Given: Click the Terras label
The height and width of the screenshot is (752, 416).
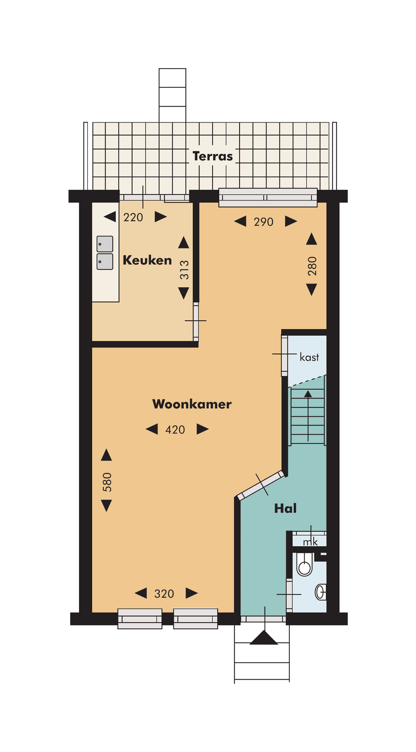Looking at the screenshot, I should pyautogui.click(x=213, y=156).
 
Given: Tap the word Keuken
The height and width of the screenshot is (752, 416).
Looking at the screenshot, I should pyautogui.click(x=147, y=260).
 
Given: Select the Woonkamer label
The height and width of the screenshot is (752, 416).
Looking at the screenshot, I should pyautogui.click(x=192, y=404).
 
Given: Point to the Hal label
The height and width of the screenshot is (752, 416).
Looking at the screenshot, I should pyautogui.click(x=285, y=508).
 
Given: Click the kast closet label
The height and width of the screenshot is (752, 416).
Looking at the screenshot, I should pyautogui.click(x=309, y=357).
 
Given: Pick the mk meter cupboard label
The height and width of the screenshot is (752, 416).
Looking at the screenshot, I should pyautogui.click(x=310, y=542).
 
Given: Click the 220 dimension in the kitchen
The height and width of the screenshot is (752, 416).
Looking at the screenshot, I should pyautogui.click(x=133, y=217).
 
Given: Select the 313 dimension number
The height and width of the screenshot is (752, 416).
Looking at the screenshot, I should pyautogui.click(x=184, y=269).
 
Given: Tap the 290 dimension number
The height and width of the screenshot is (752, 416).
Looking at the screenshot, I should pyautogui.click(x=263, y=222).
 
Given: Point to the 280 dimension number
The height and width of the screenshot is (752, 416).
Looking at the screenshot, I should pyautogui.click(x=312, y=266).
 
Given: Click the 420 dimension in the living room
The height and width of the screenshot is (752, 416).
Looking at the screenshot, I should pyautogui.click(x=175, y=429).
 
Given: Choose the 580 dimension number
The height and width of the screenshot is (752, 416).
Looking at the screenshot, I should pyautogui.click(x=107, y=482).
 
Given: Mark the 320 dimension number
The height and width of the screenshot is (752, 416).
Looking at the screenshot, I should pyautogui.click(x=164, y=594).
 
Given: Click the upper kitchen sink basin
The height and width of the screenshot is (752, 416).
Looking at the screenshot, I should pyautogui.click(x=105, y=244).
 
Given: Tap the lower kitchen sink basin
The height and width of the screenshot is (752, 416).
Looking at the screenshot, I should pyautogui.click(x=105, y=261).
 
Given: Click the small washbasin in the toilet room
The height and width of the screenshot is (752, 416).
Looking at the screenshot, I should pyautogui.click(x=320, y=592).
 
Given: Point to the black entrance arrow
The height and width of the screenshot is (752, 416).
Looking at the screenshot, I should pyautogui.click(x=264, y=638).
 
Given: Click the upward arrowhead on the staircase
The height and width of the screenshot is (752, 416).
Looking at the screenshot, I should pyautogui.click(x=308, y=394).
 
